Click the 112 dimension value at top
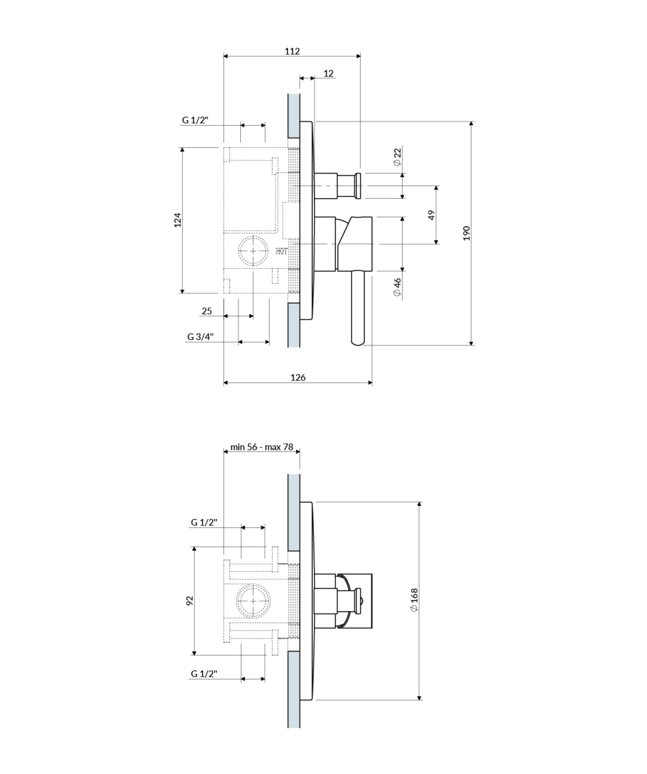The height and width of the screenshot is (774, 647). click(x=292, y=51)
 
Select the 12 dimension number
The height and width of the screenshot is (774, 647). click(x=328, y=73)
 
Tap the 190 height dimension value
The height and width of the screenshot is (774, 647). click(x=466, y=233)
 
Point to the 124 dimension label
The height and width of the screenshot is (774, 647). click(x=177, y=220)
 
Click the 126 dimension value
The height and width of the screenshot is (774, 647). click(x=298, y=378)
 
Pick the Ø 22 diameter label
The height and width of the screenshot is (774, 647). click(x=397, y=157)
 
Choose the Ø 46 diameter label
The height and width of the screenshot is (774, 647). click(x=397, y=287)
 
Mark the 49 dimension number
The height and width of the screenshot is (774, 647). click(x=431, y=215)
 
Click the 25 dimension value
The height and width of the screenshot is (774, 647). click(x=207, y=311)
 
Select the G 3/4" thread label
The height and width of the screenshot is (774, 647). click(x=200, y=337)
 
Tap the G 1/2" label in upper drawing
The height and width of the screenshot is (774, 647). click(x=195, y=120)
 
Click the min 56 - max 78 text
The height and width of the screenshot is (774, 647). click(x=261, y=447)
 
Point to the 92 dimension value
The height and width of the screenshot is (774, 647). click(x=190, y=601)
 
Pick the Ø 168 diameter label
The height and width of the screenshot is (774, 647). click(x=414, y=600)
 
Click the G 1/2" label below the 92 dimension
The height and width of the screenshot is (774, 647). click(x=204, y=674)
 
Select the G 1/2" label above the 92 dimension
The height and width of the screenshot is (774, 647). click(x=204, y=522)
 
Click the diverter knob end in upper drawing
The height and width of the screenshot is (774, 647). click(x=358, y=186)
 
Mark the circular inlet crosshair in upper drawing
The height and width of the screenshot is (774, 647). click(x=253, y=251)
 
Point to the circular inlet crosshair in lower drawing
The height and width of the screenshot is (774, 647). click(x=253, y=601)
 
